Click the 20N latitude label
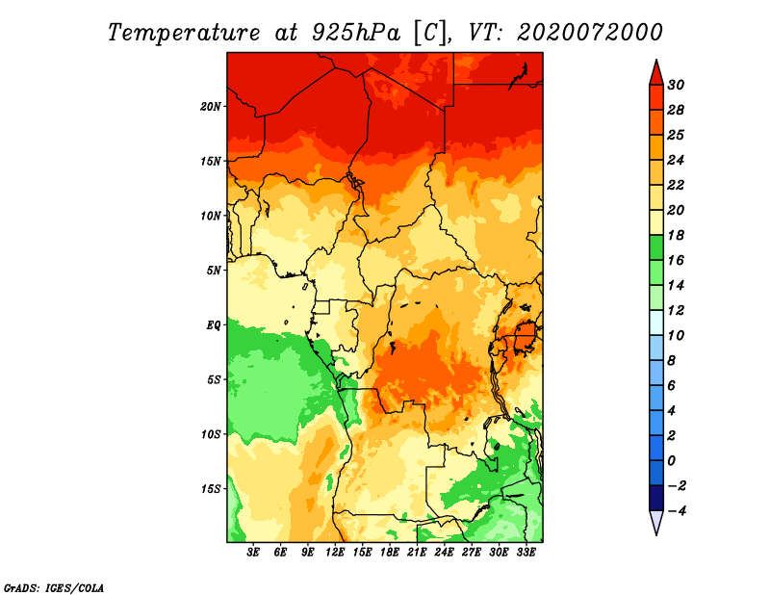[211, 106]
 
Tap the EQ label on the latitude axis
[214, 324]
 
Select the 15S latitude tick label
[211, 489]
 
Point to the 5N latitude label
[214, 271]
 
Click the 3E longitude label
[253, 553]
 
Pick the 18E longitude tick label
[390, 553]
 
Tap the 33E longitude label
[526, 553]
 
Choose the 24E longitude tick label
[444, 553]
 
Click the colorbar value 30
[676, 85]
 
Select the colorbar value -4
[677, 511]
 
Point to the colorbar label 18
[676, 235]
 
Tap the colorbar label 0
[672, 461]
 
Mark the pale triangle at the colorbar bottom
[656, 521]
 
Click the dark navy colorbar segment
[656, 498]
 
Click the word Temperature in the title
[184, 33]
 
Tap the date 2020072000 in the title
[590, 33]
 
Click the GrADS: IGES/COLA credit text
[54, 588]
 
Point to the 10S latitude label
[211, 434]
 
